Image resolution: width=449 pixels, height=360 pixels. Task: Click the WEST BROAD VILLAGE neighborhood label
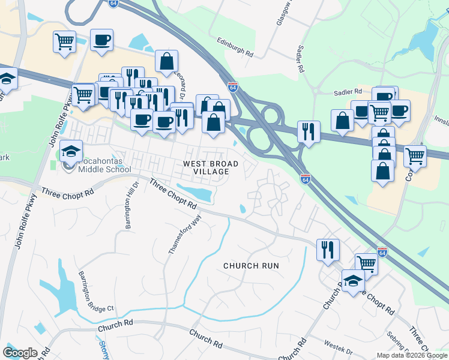point(210,167)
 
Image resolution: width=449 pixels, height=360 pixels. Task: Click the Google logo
point(20,353)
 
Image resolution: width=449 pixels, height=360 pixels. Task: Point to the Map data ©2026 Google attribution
point(412,355)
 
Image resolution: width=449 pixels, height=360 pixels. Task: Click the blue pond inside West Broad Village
point(197,192)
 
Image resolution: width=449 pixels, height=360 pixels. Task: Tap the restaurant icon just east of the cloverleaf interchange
point(309,131)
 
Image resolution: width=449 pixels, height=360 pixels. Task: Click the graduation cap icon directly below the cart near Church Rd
point(353,280)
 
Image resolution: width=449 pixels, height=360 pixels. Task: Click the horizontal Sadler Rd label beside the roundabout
point(348,92)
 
